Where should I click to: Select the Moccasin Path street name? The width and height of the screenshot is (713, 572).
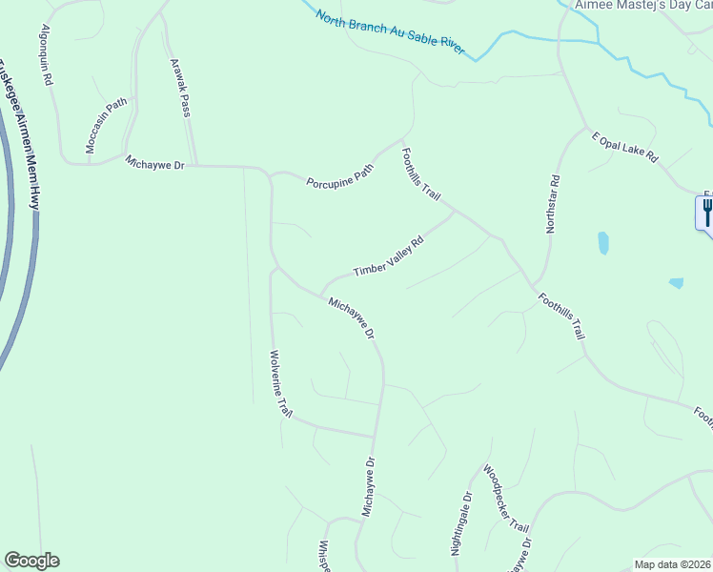[x=106, y=125]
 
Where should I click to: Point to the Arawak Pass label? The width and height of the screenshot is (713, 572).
[x=180, y=88]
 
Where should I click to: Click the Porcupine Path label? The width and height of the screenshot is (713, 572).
[x=339, y=175]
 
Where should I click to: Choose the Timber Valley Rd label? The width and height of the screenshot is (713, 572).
[x=387, y=257]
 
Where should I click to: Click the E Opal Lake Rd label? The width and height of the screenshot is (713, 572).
[x=624, y=147]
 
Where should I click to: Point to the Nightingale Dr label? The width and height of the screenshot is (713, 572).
[x=460, y=525]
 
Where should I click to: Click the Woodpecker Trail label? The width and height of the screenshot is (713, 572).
[x=505, y=499]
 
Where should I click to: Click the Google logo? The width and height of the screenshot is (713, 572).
[x=31, y=561]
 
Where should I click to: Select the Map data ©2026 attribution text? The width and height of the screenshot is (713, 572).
[x=672, y=564]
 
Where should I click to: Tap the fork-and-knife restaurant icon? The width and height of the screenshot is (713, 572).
[x=706, y=212]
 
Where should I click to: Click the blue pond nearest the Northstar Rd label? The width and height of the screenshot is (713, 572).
[x=602, y=242]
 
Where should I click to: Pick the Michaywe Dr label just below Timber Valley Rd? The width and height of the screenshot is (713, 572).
[x=351, y=319]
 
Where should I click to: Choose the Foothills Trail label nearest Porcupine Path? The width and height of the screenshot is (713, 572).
[x=420, y=174]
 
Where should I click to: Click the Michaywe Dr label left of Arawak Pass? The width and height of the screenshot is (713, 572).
[x=160, y=164]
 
